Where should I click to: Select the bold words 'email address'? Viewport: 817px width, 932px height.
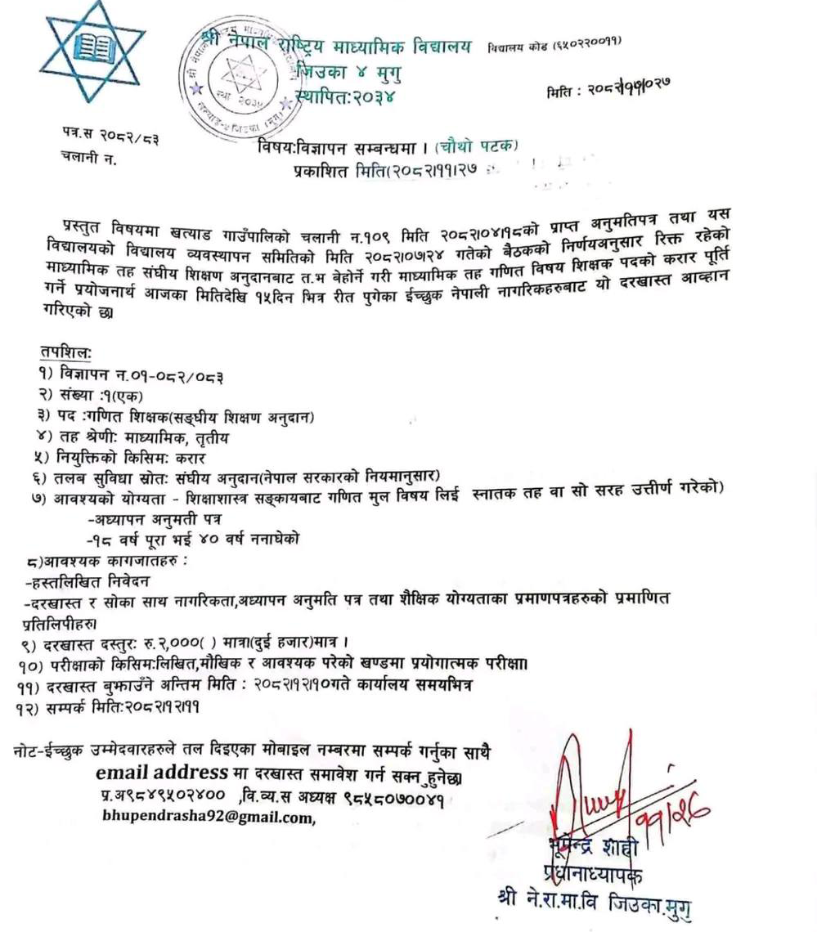[161, 773]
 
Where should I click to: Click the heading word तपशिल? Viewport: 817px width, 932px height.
[66, 352]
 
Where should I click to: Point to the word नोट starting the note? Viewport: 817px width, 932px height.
[32, 751]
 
